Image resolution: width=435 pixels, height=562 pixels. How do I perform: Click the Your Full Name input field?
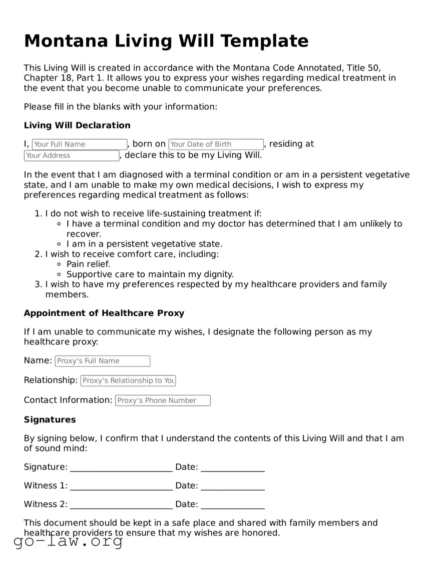coord(80,144)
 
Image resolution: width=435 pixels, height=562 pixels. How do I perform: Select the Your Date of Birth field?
coord(216,144)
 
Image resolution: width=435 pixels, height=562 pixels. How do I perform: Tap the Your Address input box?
coord(72,155)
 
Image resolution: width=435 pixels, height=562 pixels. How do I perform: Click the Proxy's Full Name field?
coord(102,361)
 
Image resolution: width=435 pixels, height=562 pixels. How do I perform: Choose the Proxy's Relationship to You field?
coord(128,380)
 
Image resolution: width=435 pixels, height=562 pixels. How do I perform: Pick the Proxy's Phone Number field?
coord(163,400)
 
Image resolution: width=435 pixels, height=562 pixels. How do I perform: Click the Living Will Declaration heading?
coord(77,125)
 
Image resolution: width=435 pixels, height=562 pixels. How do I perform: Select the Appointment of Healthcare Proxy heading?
coord(104,313)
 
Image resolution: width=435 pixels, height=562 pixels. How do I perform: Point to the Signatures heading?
coord(50,420)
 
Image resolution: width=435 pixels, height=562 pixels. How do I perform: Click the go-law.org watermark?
coord(68,541)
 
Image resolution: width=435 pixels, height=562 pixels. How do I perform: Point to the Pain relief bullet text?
coord(89,264)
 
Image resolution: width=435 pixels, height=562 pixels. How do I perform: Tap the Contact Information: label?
coord(68,400)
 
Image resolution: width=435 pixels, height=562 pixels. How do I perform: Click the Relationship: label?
coord(51,380)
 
